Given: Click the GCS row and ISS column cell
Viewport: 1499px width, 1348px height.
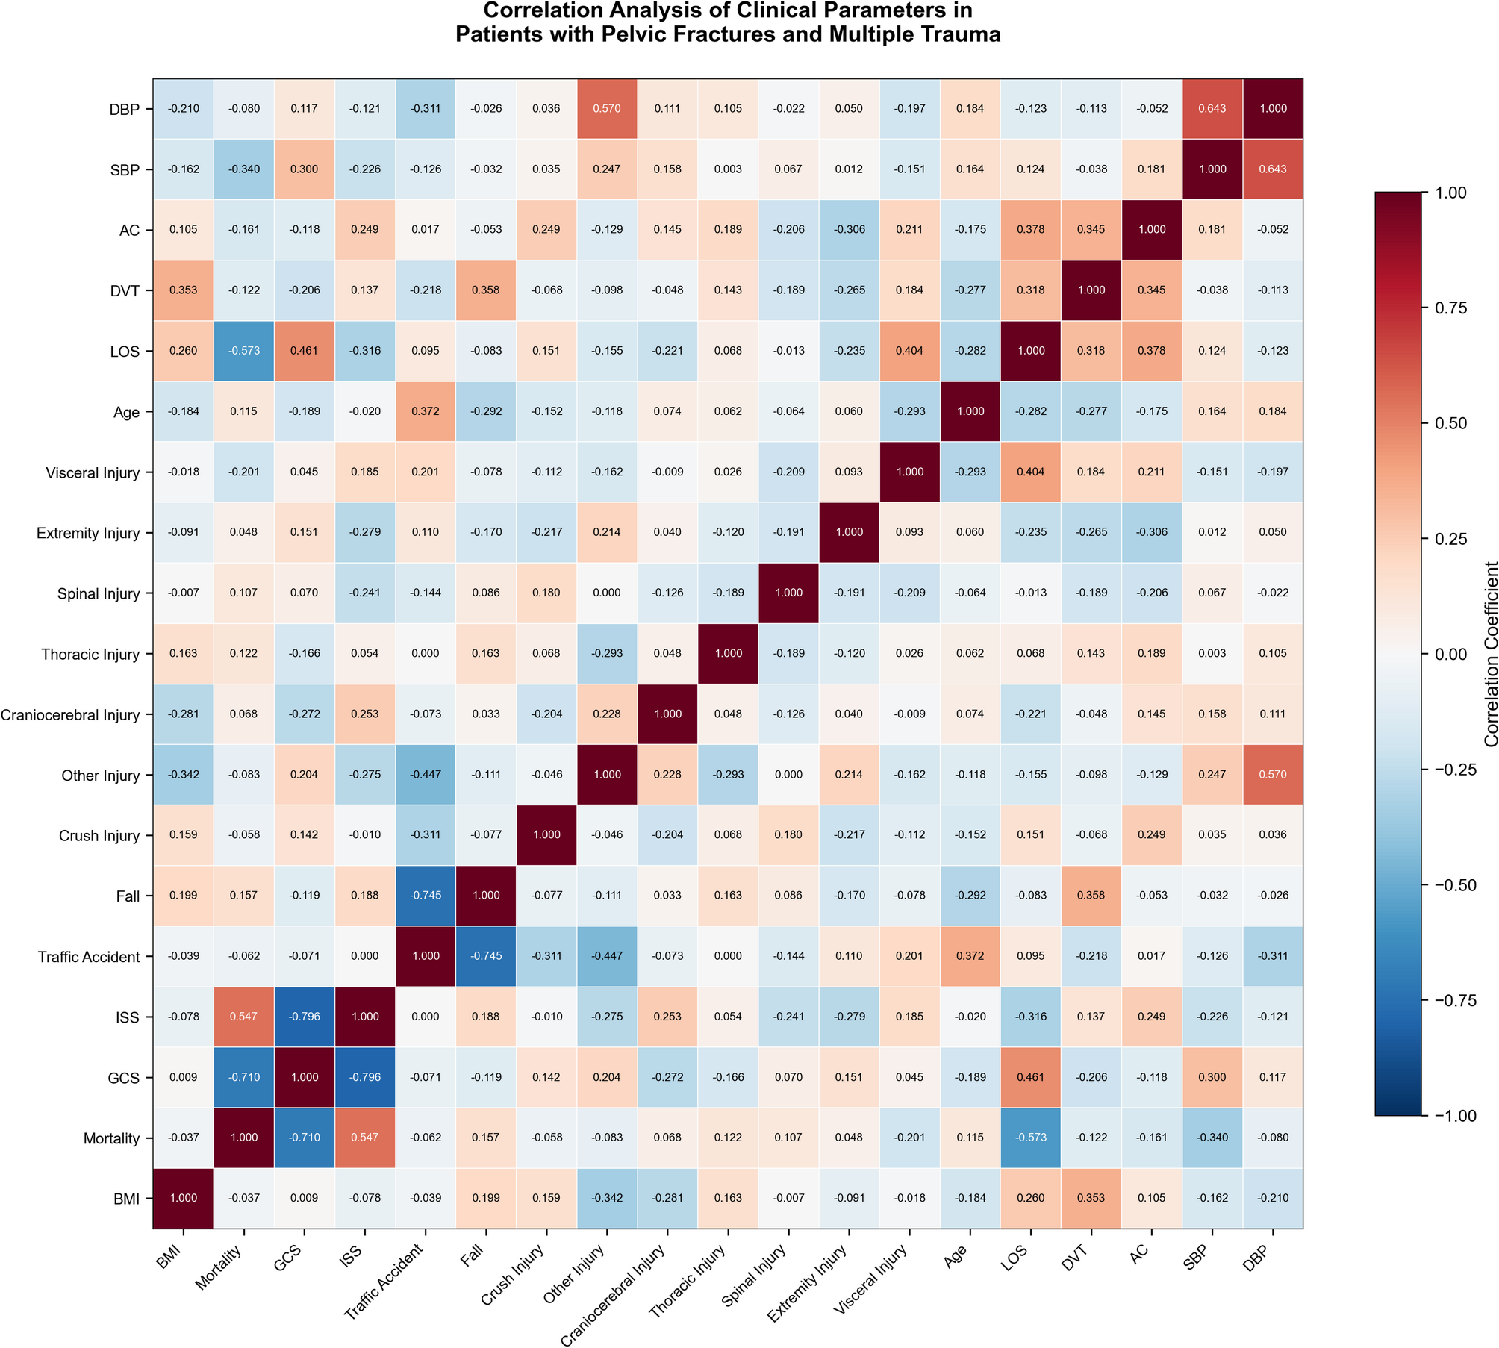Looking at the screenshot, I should [365, 1077].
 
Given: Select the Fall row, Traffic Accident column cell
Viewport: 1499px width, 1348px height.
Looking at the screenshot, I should [426, 896].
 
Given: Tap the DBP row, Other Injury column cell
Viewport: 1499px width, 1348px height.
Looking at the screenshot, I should [607, 109].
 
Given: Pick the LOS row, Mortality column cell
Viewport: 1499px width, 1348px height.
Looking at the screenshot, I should [244, 351].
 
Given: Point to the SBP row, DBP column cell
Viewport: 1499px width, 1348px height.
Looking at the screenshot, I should [1273, 169].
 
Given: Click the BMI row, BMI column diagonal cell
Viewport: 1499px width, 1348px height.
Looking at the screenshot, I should [183, 1198].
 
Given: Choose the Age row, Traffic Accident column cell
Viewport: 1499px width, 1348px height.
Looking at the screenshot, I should [426, 411].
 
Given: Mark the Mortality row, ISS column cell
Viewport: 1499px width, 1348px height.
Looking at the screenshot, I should [365, 1138].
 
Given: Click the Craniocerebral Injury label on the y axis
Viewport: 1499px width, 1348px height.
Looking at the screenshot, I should [70, 715].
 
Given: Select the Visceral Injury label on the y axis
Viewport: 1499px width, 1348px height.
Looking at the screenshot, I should [93, 473].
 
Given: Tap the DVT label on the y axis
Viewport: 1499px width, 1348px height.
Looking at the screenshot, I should [125, 291].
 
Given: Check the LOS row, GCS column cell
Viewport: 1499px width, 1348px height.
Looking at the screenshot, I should [305, 351].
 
